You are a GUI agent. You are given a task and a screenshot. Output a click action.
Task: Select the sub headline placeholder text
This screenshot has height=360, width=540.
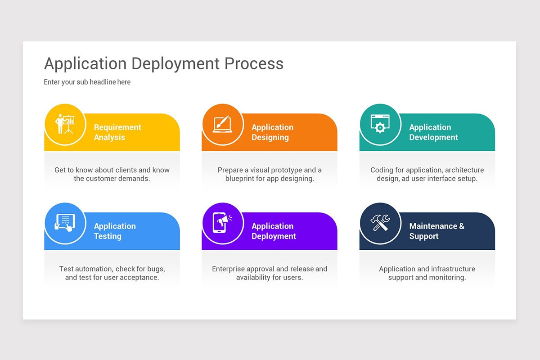(87, 82)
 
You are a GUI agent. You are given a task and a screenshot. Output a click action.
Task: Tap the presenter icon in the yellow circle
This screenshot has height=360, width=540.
(65, 124)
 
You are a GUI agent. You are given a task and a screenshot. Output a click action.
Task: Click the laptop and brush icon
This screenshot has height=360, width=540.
(222, 124)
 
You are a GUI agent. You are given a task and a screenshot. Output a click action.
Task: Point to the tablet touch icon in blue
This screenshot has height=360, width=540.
(65, 223)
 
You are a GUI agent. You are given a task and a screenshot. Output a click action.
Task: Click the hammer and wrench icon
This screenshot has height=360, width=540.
(380, 223)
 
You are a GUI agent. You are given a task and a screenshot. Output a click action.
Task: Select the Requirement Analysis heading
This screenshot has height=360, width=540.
(117, 132)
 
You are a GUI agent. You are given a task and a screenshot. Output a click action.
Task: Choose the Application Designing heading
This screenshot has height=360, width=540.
(272, 132)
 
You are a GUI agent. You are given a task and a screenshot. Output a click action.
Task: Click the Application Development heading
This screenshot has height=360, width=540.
(433, 132)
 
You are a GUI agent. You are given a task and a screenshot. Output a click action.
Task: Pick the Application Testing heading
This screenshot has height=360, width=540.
(115, 231)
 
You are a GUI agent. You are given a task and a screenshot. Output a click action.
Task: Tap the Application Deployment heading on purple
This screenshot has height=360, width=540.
(274, 231)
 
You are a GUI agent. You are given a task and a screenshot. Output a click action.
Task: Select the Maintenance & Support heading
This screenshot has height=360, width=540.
(436, 231)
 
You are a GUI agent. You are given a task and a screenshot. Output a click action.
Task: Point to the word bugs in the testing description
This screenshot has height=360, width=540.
(156, 269)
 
